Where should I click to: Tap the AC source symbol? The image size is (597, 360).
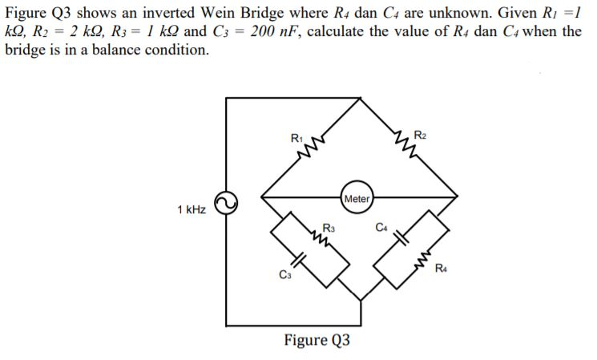click(x=226, y=204)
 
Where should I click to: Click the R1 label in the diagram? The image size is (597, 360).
click(x=296, y=137)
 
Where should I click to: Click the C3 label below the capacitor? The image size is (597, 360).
click(x=284, y=277)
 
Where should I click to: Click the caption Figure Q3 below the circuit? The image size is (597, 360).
click(x=317, y=340)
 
